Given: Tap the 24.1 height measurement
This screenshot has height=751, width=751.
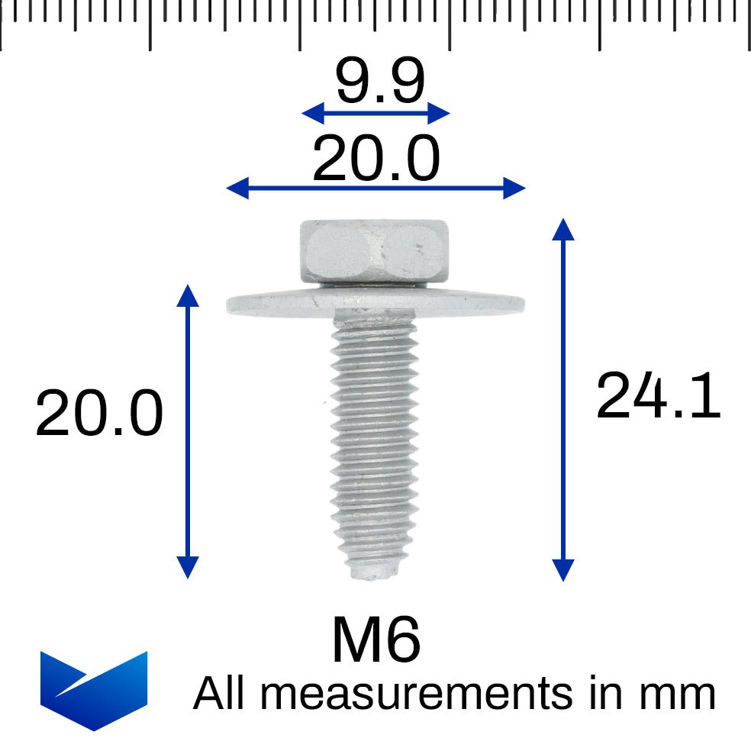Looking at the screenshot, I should [x=658, y=396].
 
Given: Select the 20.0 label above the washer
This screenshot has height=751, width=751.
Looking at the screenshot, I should [x=376, y=160].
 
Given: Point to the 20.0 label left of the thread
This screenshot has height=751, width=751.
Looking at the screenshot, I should [x=99, y=414].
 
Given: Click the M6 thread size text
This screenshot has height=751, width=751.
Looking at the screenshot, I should [x=375, y=640].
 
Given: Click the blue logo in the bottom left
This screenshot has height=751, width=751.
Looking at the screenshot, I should [x=93, y=690].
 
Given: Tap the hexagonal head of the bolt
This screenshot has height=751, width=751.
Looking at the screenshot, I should [x=373, y=251].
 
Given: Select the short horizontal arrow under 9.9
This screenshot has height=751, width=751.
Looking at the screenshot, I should [x=376, y=114].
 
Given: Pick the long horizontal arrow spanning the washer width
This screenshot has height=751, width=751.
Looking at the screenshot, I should [x=376, y=187].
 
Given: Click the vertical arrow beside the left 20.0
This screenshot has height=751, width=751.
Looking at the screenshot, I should [x=188, y=431].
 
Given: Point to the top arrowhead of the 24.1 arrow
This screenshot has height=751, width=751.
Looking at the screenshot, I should [x=562, y=228].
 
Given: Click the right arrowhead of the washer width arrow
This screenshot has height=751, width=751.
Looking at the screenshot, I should [x=515, y=187].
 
